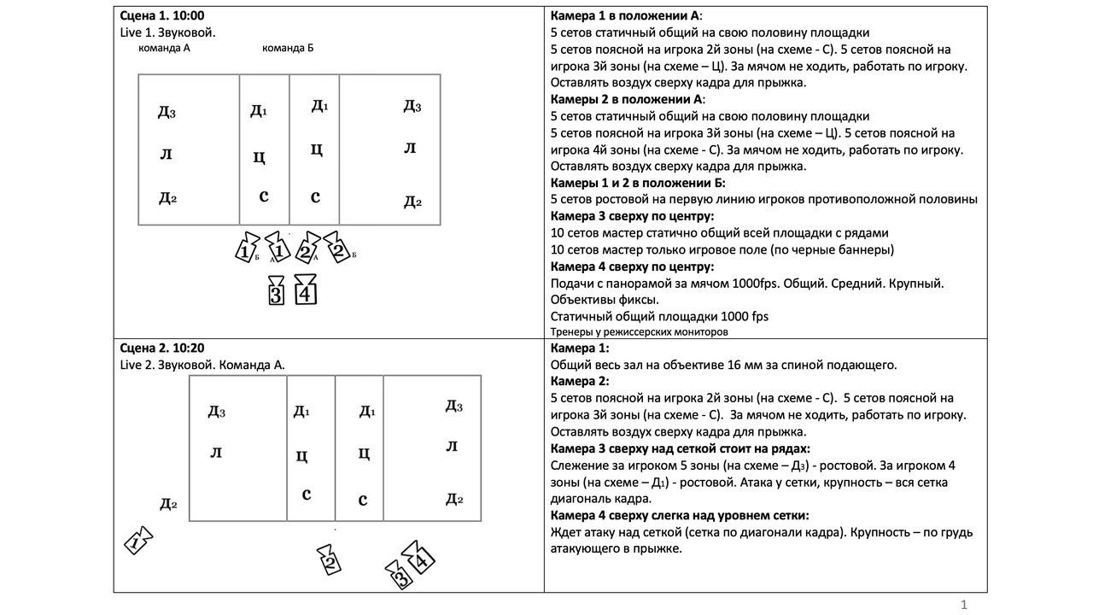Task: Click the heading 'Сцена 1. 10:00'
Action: (162, 15)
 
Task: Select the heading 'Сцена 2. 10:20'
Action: (162, 348)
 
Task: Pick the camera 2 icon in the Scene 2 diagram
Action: (330, 559)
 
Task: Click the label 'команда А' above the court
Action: (164, 48)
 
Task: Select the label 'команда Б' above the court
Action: (288, 48)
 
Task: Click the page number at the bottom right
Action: (964, 605)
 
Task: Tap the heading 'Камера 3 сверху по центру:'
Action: (632, 216)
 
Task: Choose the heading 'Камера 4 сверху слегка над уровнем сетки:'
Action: (680, 515)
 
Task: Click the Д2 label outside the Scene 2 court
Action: (168, 504)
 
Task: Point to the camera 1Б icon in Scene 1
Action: (246, 249)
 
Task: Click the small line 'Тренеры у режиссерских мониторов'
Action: (640, 331)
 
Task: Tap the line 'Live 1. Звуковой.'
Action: (167, 32)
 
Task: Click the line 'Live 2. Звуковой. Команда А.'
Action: (203, 365)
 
